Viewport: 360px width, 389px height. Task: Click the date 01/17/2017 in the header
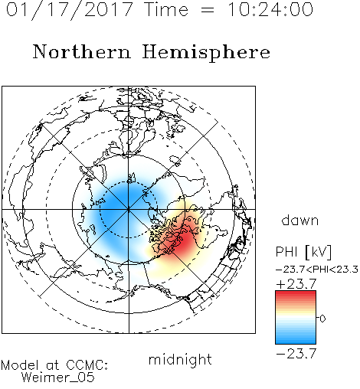click(x=70, y=10)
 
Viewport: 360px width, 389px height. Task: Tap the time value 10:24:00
click(x=270, y=10)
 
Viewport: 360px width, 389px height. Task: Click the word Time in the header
click(x=166, y=10)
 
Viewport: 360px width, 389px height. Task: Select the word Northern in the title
click(x=82, y=51)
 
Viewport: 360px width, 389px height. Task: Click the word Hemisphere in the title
click(x=206, y=52)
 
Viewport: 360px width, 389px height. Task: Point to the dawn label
click(x=300, y=220)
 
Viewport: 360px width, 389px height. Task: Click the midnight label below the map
click(x=180, y=359)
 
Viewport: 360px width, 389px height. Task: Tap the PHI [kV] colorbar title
click(x=303, y=252)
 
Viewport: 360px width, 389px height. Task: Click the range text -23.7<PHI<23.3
click(x=317, y=270)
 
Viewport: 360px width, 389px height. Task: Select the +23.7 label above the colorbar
click(x=296, y=284)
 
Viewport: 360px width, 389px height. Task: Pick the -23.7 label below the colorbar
click(x=296, y=354)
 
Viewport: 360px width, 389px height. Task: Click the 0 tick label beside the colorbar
click(x=322, y=319)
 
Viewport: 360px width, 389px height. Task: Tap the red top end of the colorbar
click(x=296, y=293)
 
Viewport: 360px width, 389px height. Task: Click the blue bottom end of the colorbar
click(x=296, y=342)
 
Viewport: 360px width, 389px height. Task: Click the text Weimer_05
click(x=58, y=378)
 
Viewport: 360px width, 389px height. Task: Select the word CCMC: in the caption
click(x=87, y=365)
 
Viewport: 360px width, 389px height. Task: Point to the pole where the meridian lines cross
click(x=129, y=209)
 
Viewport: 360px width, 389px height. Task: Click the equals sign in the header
click(x=207, y=10)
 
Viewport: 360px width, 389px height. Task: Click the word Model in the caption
click(x=20, y=365)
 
